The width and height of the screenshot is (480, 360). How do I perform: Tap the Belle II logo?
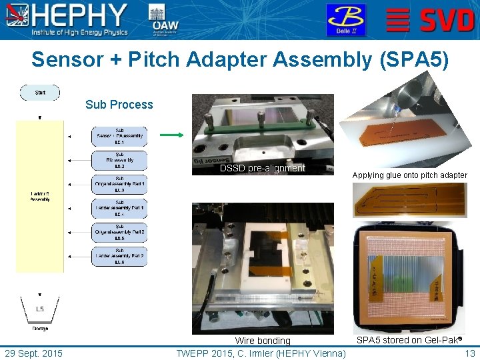(x=345, y=19)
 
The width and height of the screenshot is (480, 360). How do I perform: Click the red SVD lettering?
(x=447, y=20)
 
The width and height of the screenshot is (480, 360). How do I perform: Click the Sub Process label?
(x=119, y=105)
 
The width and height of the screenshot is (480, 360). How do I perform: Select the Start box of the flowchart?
(x=40, y=93)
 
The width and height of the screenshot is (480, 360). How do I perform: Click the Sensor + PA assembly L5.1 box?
(x=119, y=136)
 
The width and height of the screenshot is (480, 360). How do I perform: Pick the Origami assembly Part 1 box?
(x=119, y=184)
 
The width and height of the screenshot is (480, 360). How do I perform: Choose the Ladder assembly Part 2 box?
(x=119, y=256)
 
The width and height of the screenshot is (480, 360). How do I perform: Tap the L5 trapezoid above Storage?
(x=40, y=309)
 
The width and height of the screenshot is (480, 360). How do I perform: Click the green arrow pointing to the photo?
(x=171, y=135)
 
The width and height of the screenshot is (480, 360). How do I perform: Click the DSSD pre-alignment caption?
(x=262, y=168)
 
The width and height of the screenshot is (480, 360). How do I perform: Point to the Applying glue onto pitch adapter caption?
(x=409, y=175)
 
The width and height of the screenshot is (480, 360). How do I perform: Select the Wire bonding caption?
(x=263, y=341)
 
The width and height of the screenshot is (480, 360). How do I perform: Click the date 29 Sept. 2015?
(x=33, y=353)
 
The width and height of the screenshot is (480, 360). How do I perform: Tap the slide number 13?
(x=469, y=353)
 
